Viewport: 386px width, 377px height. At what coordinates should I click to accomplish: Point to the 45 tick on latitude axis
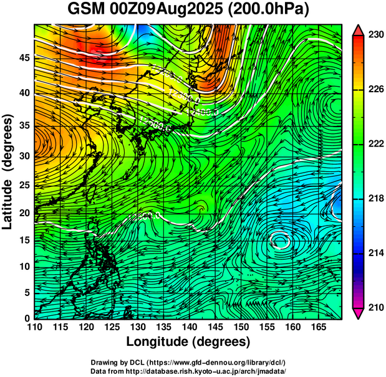click(x=23, y=58)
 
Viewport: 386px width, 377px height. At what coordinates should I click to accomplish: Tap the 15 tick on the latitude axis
click(x=23, y=240)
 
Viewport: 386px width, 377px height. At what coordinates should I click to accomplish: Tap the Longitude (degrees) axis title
click(x=188, y=341)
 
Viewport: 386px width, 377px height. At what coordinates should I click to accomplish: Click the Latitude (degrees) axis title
click(x=8, y=171)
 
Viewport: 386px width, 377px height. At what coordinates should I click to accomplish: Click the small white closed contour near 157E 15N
click(x=281, y=240)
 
